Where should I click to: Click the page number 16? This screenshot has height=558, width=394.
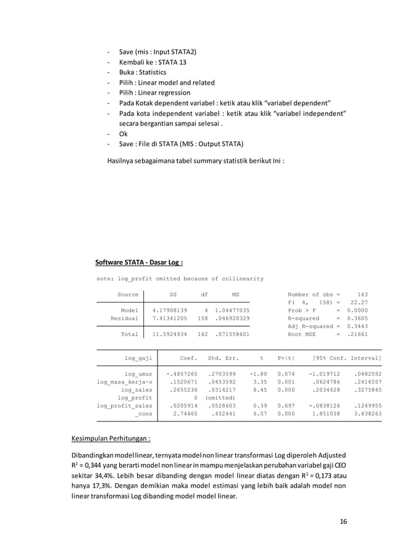click(343, 521)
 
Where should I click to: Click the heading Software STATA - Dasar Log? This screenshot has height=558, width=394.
click(139, 262)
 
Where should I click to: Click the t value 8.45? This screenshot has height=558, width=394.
click(259, 390)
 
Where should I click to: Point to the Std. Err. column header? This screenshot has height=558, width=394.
click(223, 358)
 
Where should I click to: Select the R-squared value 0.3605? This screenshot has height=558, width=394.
click(355, 318)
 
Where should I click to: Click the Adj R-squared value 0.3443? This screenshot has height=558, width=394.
click(355, 326)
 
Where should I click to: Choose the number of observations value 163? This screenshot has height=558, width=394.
click(363, 294)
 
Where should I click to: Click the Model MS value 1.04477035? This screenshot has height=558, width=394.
click(232, 310)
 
